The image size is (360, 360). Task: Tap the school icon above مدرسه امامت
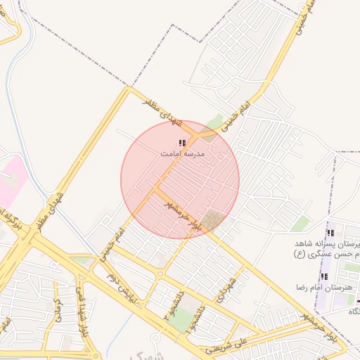tap(182, 143)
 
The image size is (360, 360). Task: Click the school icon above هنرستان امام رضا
tap(324, 277)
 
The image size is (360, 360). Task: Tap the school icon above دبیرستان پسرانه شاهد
tap(330, 233)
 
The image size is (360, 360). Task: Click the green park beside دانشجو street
tap(182, 320)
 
